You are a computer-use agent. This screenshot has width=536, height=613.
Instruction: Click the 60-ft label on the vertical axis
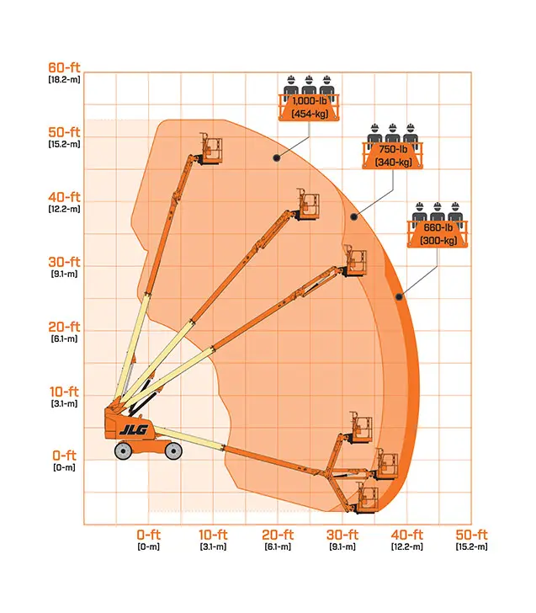pyautogui.click(x=64, y=67)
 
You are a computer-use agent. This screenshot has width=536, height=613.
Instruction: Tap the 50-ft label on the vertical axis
pyautogui.click(x=64, y=131)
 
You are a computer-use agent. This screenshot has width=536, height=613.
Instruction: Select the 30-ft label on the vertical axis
pyautogui.click(x=64, y=262)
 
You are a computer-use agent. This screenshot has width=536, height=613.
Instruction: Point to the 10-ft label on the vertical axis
pyautogui.click(x=64, y=392)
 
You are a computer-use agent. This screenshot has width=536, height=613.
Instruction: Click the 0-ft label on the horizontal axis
pyautogui.click(x=148, y=535)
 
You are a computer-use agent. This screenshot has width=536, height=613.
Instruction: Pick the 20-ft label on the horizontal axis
pyautogui.click(x=278, y=535)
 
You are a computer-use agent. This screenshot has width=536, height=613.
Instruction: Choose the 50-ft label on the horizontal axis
pyautogui.click(x=471, y=535)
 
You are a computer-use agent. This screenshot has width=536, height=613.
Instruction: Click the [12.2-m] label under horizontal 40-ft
pyautogui.click(x=407, y=546)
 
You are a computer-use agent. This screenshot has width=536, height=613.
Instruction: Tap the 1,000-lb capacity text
pyautogui.click(x=310, y=101)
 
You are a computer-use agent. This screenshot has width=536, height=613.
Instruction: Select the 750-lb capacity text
pyautogui.click(x=393, y=149)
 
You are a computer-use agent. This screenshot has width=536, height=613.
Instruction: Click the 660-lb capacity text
pyautogui.click(x=438, y=227)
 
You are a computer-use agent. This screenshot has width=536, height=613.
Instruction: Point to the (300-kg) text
pyautogui.click(x=438, y=241)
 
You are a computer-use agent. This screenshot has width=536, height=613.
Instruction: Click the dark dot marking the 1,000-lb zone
pyautogui.click(x=277, y=158)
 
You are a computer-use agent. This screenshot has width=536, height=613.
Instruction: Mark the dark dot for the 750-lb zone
pyautogui.click(x=353, y=216)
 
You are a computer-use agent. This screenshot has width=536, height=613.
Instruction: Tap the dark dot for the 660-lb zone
pyautogui.click(x=399, y=297)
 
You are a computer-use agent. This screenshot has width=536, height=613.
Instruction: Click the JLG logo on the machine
pyautogui.click(x=134, y=429)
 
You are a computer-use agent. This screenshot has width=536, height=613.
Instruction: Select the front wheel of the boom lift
pyautogui.click(x=173, y=451)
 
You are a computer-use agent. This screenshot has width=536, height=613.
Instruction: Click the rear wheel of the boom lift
pyautogui.click(x=123, y=451)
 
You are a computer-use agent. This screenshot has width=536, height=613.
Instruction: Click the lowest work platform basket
pyautogui.click(x=367, y=498)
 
